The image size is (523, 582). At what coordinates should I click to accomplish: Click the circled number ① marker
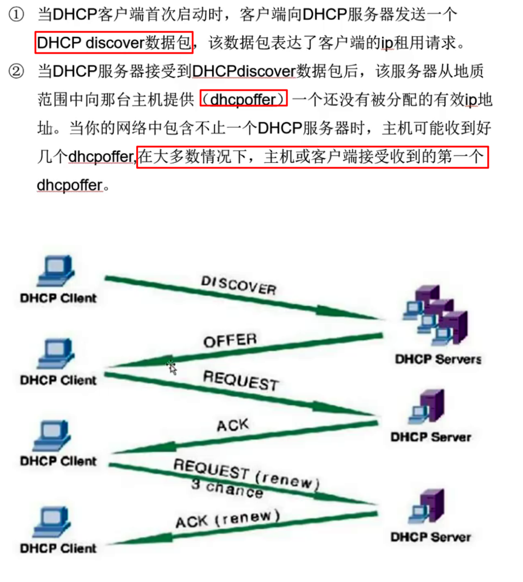click(17, 15)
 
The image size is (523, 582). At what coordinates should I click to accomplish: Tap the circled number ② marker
click(17, 71)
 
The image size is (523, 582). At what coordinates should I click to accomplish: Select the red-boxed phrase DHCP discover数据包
click(114, 43)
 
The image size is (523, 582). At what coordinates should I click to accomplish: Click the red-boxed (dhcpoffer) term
click(243, 99)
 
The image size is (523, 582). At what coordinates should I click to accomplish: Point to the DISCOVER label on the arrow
click(239, 285)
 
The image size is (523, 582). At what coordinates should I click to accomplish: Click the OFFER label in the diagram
click(230, 341)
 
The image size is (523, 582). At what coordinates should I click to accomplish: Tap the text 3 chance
click(227, 488)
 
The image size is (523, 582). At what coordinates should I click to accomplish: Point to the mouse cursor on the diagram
click(172, 367)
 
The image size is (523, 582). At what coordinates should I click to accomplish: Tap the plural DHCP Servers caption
click(438, 359)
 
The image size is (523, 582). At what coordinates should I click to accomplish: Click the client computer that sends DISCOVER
click(56, 270)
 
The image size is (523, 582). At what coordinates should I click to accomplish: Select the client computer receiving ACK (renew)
click(53, 522)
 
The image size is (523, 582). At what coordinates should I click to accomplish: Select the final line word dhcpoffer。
click(73, 185)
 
